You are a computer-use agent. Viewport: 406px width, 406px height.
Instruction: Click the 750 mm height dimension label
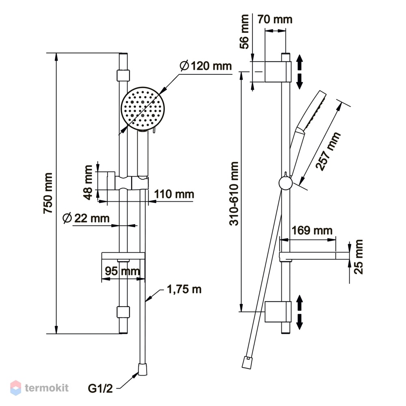point(48,193)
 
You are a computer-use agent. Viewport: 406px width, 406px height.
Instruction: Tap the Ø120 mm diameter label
point(206,66)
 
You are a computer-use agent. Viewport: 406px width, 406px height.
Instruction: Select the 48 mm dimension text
point(88,183)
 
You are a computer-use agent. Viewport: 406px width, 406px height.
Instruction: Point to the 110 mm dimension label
point(174,194)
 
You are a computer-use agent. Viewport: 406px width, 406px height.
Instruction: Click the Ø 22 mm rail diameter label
point(86,218)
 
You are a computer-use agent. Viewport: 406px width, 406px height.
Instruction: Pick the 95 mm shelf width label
point(123,271)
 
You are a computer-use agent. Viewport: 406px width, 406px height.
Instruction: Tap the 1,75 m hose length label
point(184,289)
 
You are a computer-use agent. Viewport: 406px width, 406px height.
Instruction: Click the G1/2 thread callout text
point(100,389)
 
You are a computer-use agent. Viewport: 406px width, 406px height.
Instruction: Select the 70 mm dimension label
point(275,19)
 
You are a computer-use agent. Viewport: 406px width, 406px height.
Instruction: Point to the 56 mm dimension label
point(244,32)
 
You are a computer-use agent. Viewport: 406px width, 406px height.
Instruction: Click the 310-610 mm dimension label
point(234,193)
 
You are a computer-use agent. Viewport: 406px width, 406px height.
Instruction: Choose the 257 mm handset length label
point(328,151)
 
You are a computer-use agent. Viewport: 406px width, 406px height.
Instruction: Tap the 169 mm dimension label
point(312,230)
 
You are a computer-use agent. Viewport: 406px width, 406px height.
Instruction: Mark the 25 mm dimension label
point(358,257)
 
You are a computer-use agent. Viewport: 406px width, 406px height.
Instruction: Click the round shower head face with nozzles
point(143,108)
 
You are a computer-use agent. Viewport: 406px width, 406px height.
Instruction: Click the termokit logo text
point(47,388)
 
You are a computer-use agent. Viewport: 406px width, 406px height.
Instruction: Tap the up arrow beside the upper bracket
point(299,62)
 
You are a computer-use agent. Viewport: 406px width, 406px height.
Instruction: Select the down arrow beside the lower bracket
point(299,322)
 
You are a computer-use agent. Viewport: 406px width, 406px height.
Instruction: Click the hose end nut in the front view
point(143,369)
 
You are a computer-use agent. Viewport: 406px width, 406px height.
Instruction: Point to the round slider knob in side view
point(285,183)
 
